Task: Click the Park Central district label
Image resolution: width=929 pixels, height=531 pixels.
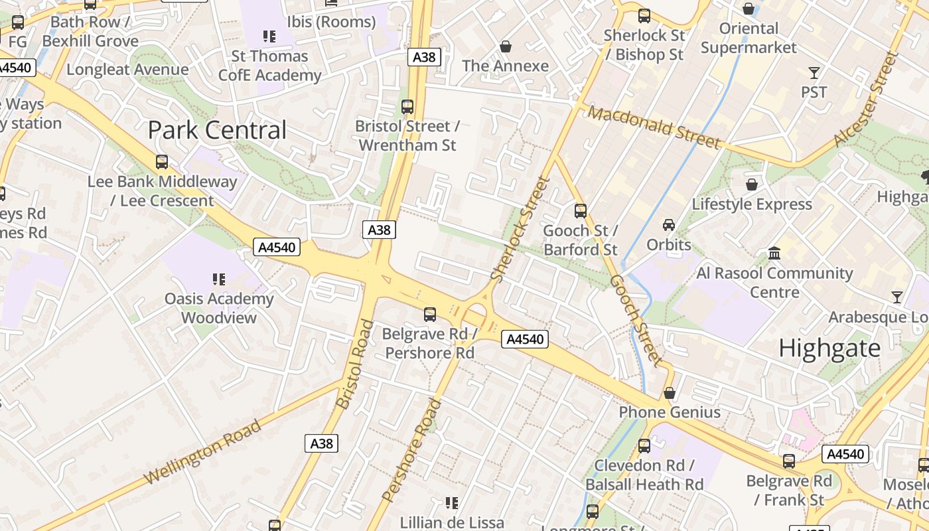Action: (x=217, y=130)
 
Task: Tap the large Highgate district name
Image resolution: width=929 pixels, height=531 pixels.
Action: (x=829, y=348)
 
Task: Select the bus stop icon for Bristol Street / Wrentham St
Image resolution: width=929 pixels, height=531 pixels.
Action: (x=407, y=106)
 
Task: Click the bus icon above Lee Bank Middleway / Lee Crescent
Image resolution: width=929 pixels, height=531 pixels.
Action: (x=162, y=161)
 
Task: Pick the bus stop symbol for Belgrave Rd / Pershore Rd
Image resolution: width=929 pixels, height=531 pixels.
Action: (x=430, y=314)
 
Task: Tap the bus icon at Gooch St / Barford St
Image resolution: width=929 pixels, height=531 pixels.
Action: (x=581, y=211)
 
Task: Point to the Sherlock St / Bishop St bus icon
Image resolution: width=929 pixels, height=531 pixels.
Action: (x=644, y=16)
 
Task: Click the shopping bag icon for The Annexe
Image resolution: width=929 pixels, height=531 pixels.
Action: (x=506, y=46)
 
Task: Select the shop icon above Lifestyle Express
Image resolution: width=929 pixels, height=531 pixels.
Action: (x=752, y=184)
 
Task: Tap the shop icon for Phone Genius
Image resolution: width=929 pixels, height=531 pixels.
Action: (x=670, y=393)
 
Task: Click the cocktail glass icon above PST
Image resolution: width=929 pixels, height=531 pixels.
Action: (x=814, y=72)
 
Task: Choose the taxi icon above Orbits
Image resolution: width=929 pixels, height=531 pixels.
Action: (x=669, y=225)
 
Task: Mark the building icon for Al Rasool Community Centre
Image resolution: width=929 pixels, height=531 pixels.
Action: (x=774, y=253)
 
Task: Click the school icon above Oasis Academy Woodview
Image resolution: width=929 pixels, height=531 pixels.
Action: (x=219, y=279)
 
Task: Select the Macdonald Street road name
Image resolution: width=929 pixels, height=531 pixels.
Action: (x=654, y=127)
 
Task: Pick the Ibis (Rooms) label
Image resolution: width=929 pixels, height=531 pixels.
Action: (x=331, y=22)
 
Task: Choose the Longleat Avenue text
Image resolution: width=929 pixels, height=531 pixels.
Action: (x=127, y=69)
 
